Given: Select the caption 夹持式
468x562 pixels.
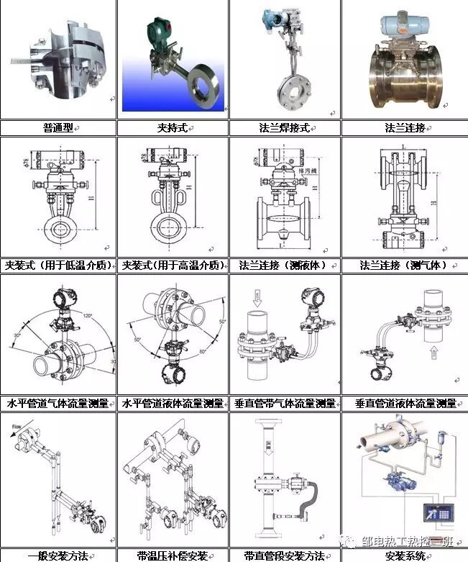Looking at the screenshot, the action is click(x=173, y=128).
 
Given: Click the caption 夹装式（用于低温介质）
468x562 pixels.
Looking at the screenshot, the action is click(x=58, y=265).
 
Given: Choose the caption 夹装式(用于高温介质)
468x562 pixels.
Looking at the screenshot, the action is click(x=173, y=265).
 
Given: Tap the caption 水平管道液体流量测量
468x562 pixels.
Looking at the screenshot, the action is click(x=173, y=403).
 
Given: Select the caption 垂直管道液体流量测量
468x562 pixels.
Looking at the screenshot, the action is click(x=405, y=403).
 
